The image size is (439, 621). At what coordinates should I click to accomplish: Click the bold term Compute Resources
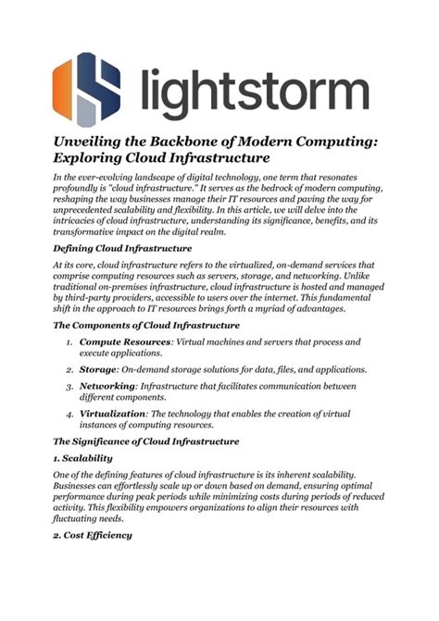point(133,342)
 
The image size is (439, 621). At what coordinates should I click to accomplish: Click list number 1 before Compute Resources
point(70,342)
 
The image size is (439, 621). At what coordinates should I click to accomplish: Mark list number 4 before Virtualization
point(70,414)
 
